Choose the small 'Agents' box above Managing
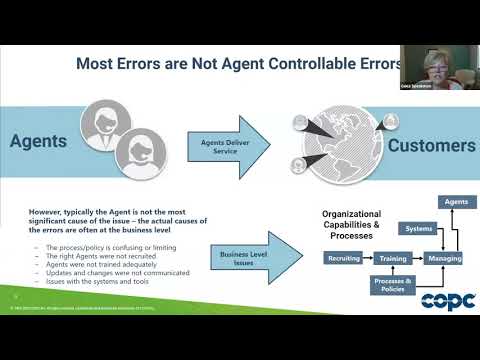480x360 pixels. click(457, 202)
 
